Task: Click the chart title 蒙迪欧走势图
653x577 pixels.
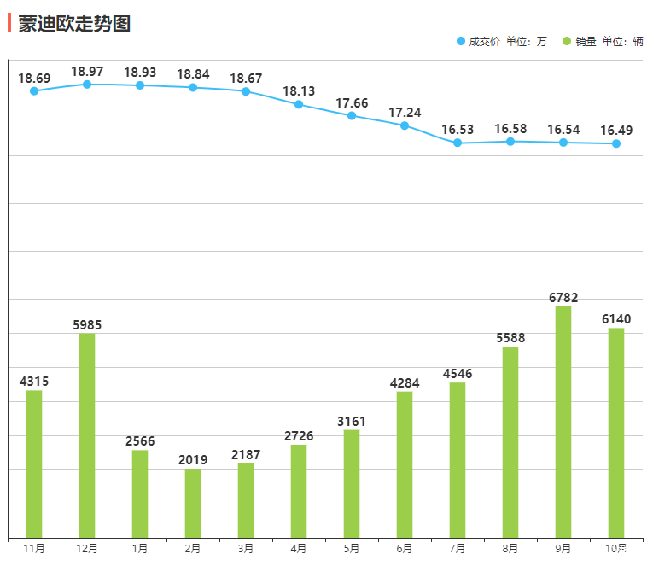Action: (74, 23)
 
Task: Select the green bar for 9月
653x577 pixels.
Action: (563, 422)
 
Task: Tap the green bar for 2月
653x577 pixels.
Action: (193, 504)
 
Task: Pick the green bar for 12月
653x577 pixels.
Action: (87, 435)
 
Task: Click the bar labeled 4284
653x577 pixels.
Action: (405, 464)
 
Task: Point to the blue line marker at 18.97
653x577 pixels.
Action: (87, 85)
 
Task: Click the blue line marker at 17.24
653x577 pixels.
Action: (405, 125)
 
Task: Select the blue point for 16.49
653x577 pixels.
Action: (616, 143)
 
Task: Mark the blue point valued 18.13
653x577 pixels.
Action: (299, 104)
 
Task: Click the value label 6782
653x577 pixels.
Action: (563, 298)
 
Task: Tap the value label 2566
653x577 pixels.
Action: (140, 441)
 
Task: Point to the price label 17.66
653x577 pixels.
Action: (352, 103)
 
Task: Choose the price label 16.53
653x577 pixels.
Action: (458, 130)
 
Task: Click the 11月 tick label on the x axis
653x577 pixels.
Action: (34, 549)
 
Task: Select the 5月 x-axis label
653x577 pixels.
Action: (352, 549)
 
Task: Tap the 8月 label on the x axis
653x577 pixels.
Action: (510, 549)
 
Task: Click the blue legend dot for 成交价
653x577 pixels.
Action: (461, 41)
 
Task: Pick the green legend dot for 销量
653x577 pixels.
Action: (567, 41)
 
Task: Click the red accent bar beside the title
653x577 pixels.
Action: (9, 23)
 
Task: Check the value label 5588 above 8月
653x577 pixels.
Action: (510, 338)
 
